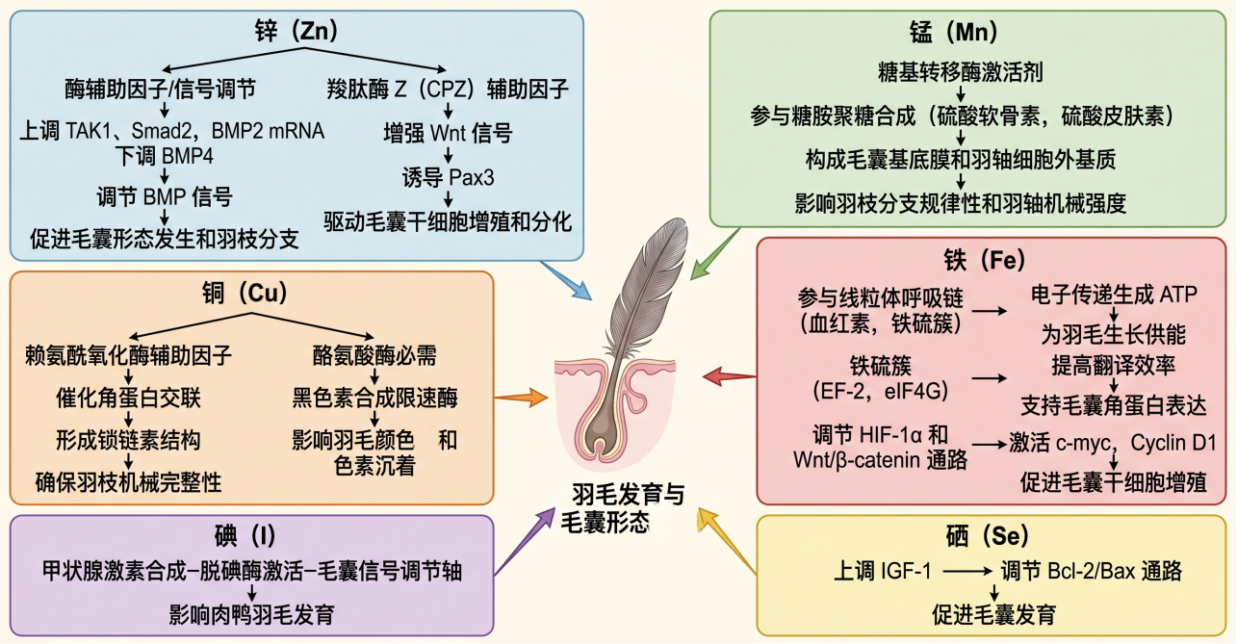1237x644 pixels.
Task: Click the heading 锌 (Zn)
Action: pos(296,31)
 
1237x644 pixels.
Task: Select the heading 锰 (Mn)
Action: pos(954,32)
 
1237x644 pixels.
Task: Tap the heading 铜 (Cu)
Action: pos(245,293)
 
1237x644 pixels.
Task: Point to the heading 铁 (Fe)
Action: pos(985,260)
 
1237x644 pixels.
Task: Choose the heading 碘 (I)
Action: pos(245,535)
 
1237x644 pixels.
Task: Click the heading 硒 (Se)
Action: pos(988,535)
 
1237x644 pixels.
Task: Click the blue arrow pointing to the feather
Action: pos(566,280)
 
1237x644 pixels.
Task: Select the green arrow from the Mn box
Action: pos(715,253)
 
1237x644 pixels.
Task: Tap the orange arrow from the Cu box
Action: pos(521,398)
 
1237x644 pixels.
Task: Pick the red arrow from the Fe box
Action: pos(730,376)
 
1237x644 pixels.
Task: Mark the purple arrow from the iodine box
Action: pos(525,541)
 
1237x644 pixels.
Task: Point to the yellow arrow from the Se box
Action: pos(727,541)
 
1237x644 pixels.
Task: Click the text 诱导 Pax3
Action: pos(448,178)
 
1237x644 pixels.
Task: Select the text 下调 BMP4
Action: pos(164,156)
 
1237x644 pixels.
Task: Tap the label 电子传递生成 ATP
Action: pos(1113,295)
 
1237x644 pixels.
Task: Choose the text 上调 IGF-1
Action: pos(882,571)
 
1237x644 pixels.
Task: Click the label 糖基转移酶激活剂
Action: pos(961,72)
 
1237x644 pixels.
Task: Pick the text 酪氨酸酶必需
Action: pos(374,355)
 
